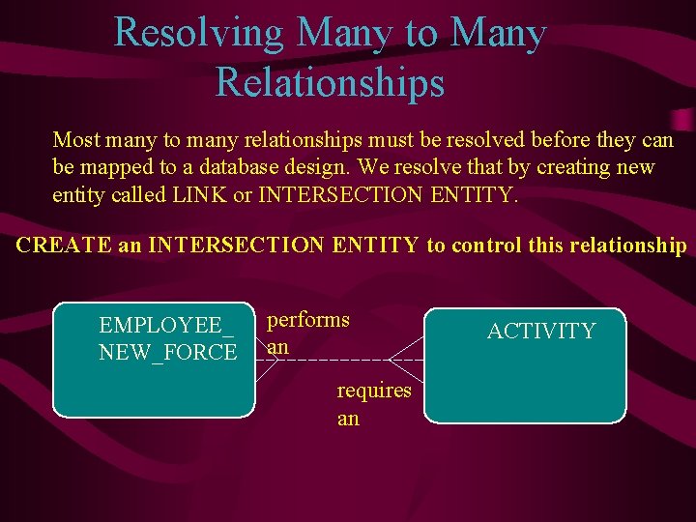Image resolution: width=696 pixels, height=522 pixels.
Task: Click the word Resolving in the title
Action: (199, 33)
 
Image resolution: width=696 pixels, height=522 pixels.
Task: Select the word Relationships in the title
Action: (330, 82)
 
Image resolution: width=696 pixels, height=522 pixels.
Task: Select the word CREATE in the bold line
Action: (64, 245)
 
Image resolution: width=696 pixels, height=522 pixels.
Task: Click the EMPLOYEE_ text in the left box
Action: (166, 325)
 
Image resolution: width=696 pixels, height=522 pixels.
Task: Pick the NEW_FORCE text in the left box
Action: (167, 352)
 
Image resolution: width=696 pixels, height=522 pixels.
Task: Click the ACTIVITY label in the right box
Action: (541, 332)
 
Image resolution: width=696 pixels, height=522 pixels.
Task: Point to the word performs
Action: (308, 319)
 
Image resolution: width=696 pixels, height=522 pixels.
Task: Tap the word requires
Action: (374, 391)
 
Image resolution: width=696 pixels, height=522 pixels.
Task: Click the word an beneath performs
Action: (277, 345)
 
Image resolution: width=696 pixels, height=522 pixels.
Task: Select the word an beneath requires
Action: (348, 419)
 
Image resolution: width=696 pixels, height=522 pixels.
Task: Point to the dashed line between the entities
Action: (338, 359)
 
